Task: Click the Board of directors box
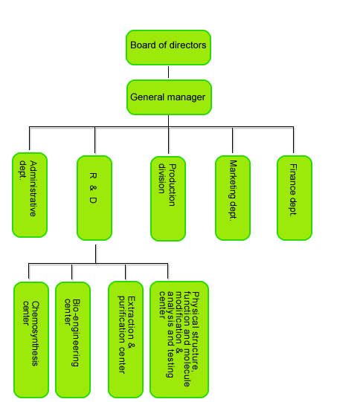tap(168, 48)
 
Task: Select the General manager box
tap(169, 97)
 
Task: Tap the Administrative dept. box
tap(30, 195)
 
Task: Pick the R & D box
tap(94, 198)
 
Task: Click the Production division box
tap(168, 198)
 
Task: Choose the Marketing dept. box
tap(233, 198)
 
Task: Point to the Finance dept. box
tap(295, 198)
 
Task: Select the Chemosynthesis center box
tap(31, 340)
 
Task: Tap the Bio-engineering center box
tap(73, 340)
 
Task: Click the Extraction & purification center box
tap(126, 340)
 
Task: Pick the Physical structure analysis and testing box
tap(179, 340)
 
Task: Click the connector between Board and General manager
tap(168, 72)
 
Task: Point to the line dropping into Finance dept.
tap(294, 140)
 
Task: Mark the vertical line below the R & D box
tap(96, 254)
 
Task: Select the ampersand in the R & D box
tap(93, 188)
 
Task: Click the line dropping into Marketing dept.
tap(233, 140)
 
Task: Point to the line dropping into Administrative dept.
tap(30, 138)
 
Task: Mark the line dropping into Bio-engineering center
tap(72, 272)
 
